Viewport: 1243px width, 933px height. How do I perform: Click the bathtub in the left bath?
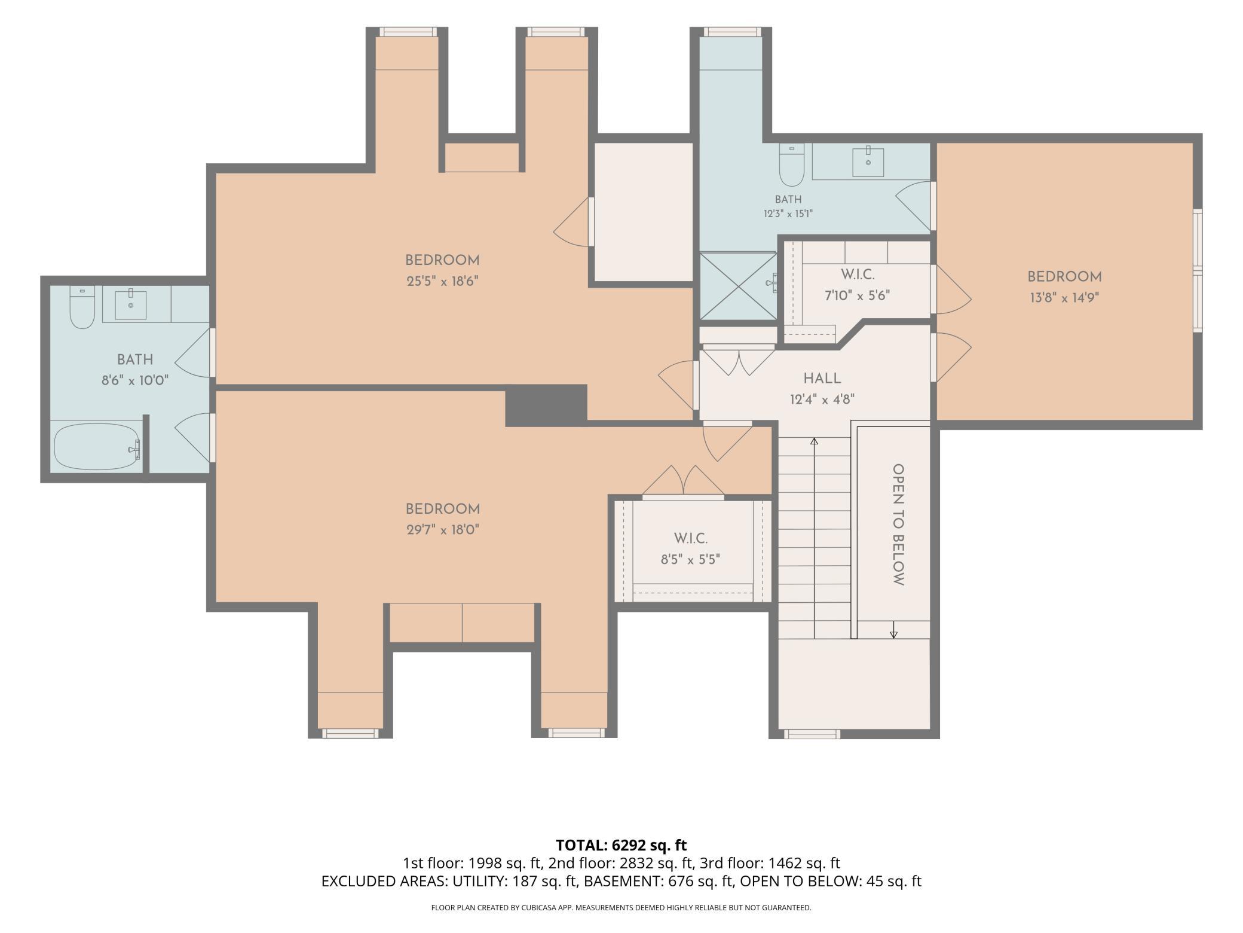(x=97, y=447)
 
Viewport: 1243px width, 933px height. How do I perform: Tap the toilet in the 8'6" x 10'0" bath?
(x=82, y=307)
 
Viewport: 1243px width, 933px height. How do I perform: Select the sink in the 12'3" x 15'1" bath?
(x=868, y=160)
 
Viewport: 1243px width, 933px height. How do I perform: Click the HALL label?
(x=822, y=378)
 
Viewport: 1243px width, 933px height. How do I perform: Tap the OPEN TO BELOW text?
(x=898, y=525)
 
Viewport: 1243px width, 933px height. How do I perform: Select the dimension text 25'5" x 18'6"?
(x=443, y=281)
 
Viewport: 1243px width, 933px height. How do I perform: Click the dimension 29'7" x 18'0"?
(x=443, y=530)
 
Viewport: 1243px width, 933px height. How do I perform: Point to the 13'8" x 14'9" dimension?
(x=1064, y=297)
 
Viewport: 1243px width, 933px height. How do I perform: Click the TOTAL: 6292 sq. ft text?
(x=621, y=845)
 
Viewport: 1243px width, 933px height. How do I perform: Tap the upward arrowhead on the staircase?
(x=814, y=441)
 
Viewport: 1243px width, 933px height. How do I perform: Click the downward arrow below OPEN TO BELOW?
(x=894, y=629)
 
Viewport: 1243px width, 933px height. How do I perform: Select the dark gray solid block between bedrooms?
(x=546, y=405)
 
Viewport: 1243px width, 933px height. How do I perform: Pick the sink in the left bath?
(x=130, y=304)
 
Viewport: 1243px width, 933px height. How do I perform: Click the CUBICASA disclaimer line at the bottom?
(x=621, y=907)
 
